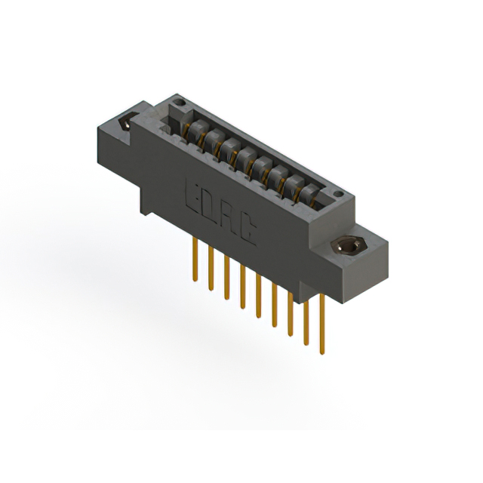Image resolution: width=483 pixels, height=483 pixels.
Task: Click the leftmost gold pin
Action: (195, 260)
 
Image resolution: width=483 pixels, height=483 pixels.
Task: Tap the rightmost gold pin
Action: (322, 324)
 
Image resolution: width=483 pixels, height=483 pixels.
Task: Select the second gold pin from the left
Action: (211, 269)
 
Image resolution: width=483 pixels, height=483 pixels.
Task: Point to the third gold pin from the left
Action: (227, 277)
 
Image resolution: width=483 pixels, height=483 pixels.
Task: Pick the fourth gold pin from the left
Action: (243, 287)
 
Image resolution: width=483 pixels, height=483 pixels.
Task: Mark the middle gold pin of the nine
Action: (258, 296)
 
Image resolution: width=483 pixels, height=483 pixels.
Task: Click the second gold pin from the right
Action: (306, 323)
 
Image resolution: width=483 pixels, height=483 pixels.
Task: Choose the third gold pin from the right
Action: (290, 314)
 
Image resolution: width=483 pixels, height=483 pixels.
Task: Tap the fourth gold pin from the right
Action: (274, 305)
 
